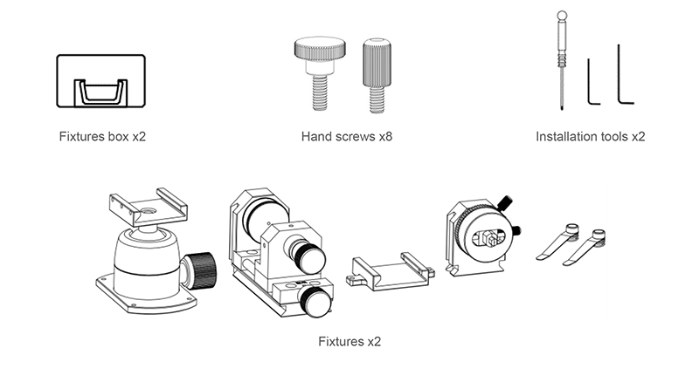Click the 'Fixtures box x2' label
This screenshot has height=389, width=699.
point(102,136)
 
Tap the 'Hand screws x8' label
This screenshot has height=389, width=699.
point(347,136)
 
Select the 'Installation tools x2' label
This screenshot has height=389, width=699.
point(591,136)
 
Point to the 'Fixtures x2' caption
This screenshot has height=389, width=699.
point(349,341)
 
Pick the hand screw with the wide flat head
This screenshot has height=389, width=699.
point(320,73)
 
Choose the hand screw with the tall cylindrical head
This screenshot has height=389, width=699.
point(377,76)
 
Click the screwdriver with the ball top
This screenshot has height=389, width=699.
point(562,60)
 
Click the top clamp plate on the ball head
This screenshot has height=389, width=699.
point(149,207)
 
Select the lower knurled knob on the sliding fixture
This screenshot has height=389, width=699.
point(315,302)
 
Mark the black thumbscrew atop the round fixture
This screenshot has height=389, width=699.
point(505,203)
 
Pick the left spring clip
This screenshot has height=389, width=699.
point(558,242)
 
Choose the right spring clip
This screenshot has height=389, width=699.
point(585,248)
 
